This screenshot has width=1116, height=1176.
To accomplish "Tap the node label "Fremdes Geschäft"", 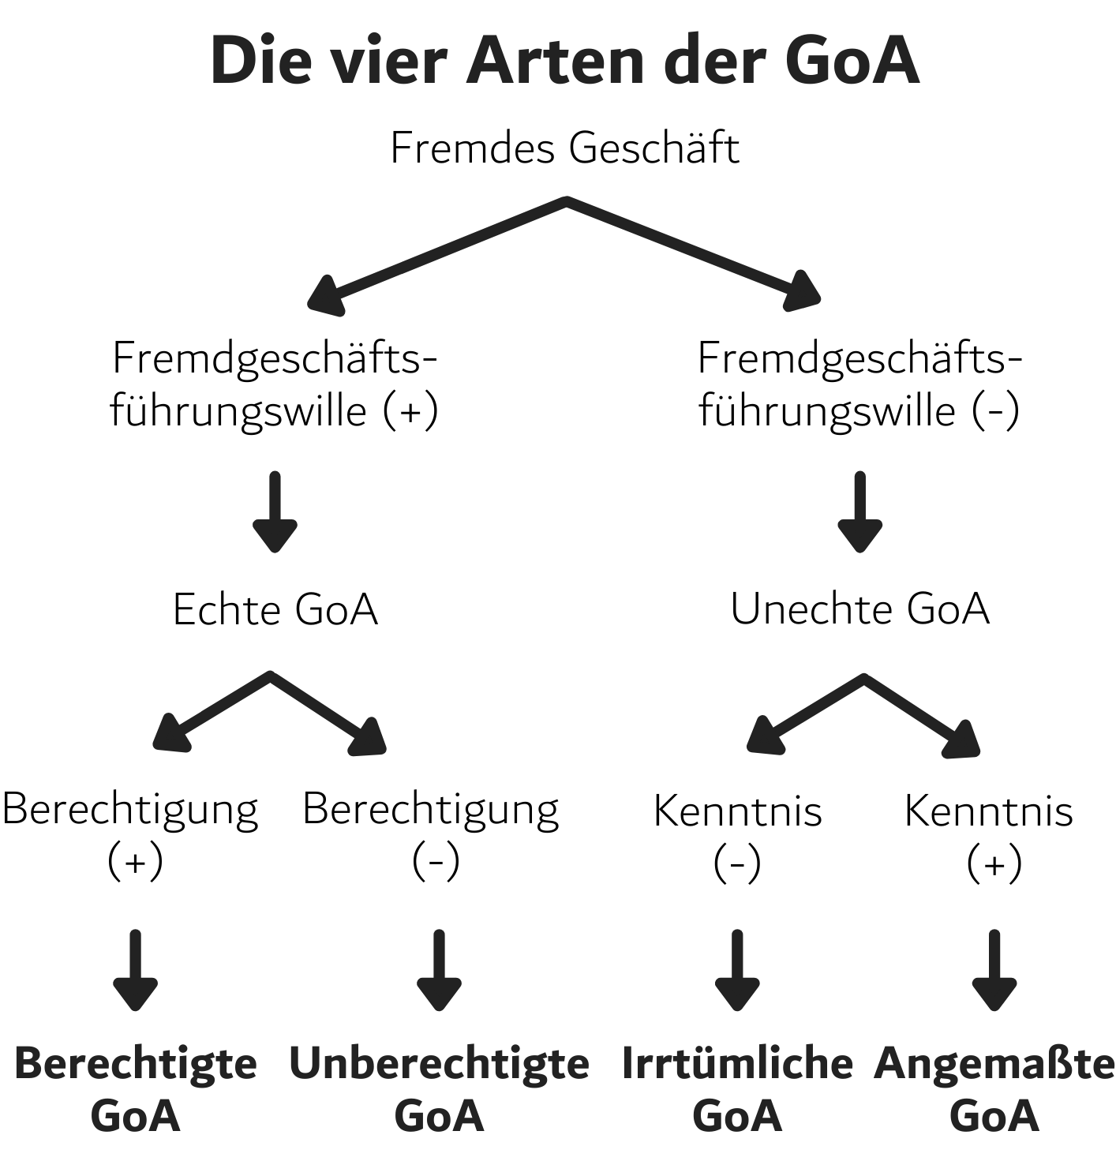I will (565, 148).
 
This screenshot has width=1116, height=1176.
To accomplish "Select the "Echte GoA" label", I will (275, 610).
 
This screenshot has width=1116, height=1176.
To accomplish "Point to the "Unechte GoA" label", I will (859, 609).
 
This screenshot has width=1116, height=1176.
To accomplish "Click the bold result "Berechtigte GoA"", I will (136, 1088).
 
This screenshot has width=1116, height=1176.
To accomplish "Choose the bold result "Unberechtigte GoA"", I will (439, 1088).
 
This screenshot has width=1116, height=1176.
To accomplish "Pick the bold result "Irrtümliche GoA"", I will (737, 1088).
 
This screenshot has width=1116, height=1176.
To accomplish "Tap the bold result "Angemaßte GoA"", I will (994, 1088).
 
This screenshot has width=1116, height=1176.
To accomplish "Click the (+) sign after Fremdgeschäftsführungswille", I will (410, 411).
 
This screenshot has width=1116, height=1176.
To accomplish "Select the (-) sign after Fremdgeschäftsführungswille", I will (995, 411).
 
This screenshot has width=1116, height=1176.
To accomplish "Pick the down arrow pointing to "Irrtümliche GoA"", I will (737, 970).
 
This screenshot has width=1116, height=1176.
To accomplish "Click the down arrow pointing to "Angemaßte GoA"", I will (994, 970).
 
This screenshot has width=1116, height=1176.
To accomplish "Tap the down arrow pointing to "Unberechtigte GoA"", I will (439, 970).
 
